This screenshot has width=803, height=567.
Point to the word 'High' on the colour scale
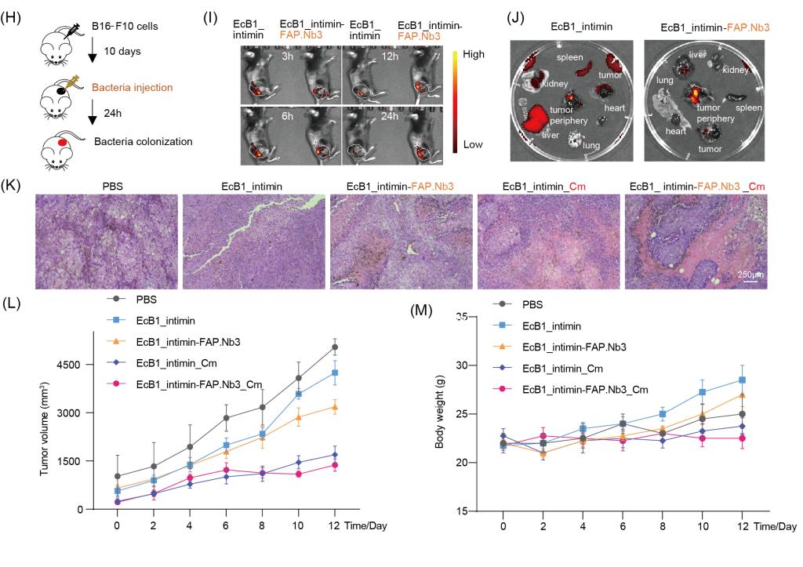coord(478,56)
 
